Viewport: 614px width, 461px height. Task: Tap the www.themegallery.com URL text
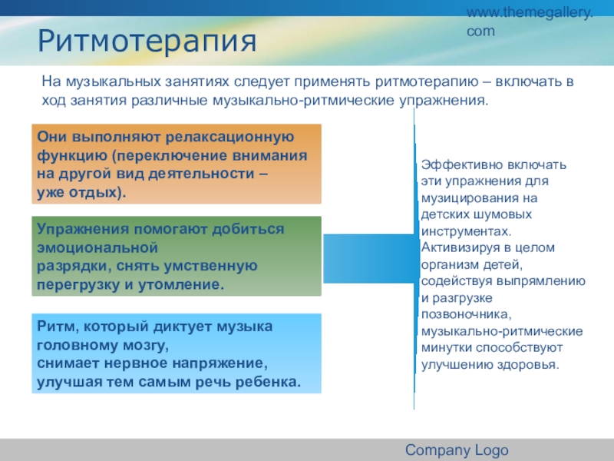[x=530, y=22]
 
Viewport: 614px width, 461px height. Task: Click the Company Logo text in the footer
[x=457, y=450]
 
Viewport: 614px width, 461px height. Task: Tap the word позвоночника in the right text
[x=459, y=314]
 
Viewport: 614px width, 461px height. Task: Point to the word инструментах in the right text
[x=464, y=231]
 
